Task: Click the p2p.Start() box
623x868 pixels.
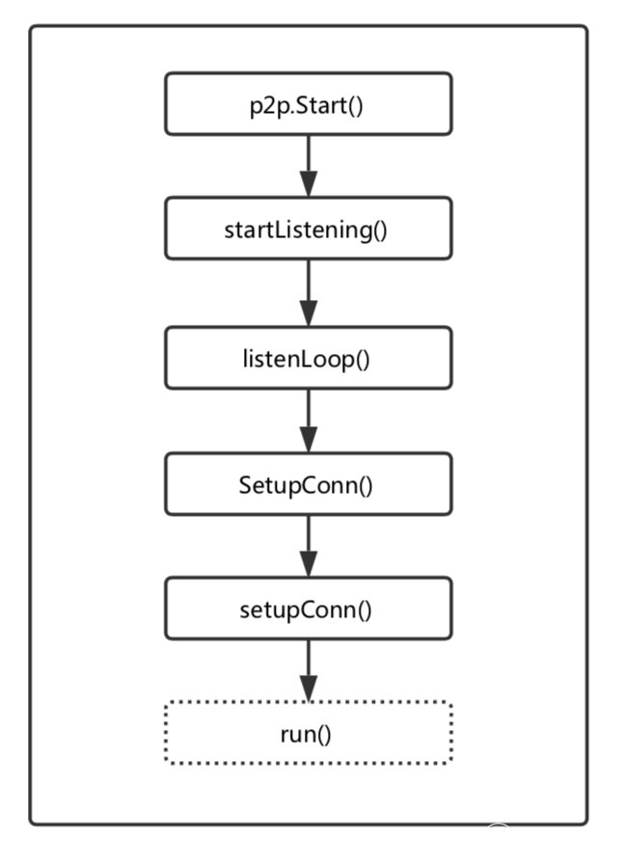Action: click(308, 103)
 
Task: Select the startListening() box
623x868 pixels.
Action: click(308, 229)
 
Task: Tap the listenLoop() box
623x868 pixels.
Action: click(308, 358)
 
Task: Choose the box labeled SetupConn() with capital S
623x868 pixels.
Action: click(308, 483)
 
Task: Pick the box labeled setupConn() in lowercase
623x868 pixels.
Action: click(308, 609)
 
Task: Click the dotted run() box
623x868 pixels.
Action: click(308, 733)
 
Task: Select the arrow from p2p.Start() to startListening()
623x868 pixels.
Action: click(308, 165)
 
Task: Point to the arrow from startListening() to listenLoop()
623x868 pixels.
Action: click(308, 293)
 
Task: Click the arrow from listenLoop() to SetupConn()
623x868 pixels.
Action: click(308, 420)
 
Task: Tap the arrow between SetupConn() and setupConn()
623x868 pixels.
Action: click(308, 546)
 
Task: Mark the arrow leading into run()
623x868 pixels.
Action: click(308, 670)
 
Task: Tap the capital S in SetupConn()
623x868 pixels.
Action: click(245, 484)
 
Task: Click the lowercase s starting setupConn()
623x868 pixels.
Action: click(244, 610)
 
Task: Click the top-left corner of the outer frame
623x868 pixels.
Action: click(32, 28)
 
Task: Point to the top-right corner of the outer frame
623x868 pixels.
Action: click(585, 28)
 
